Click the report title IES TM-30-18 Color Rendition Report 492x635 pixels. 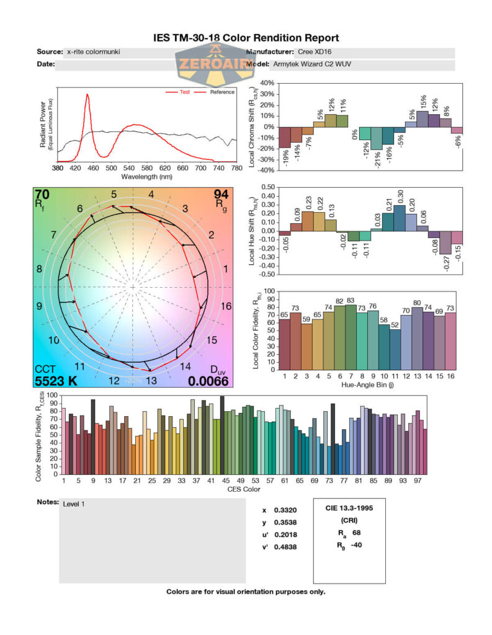pos(246,38)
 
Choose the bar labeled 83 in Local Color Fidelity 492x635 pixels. pos(351,335)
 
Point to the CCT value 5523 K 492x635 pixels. pos(56,381)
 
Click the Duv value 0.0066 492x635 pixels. pos(208,381)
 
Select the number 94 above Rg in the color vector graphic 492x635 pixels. pos(220,194)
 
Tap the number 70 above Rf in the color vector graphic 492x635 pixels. pos(43,194)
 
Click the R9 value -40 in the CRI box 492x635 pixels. pos(356,546)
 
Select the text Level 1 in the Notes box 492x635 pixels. pos(74,504)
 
